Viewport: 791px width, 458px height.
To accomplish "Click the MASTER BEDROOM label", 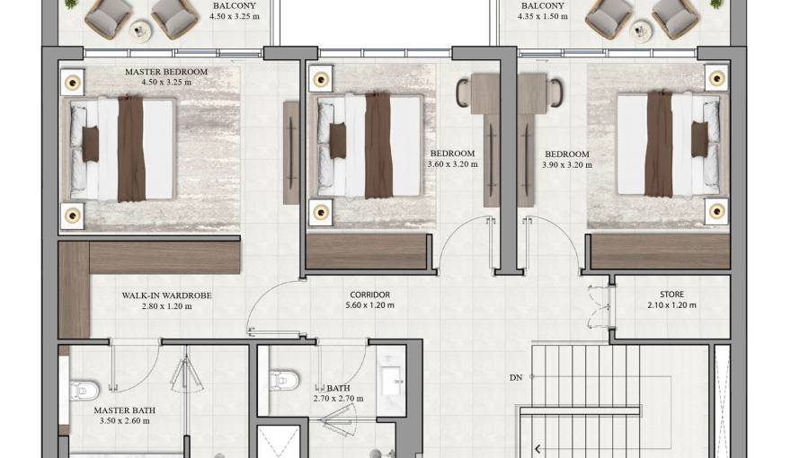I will pyautogui.click(x=166, y=72).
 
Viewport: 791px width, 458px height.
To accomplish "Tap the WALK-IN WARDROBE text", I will pyautogui.click(x=167, y=295).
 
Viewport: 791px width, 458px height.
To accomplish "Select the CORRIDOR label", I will pyautogui.click(x=369, y=295).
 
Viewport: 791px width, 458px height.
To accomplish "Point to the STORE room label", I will pyautogui.click(x=671, y=295).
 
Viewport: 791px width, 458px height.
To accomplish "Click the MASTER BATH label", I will pyautogui.click(x=125, y=410).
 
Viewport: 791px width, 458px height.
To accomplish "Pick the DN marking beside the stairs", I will pyautogui.click(x=515, y=377).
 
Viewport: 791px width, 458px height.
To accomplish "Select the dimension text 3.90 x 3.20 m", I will pyautogui.click(x=567, y=165).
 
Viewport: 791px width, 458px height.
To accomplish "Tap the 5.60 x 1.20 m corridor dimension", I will pyautogui.click(x=369, y=305).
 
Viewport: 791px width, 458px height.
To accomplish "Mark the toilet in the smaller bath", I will pyautogui.click(x=280, y=379).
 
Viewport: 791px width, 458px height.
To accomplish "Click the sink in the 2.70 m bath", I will pyautogui.click(x=392, y=381).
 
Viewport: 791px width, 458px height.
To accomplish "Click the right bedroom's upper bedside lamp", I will pyautogui.click(x=716, y=78).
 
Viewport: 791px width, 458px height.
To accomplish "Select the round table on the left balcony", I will pyautogui.click(x=140, y=31).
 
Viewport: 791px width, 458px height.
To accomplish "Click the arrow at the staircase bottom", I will pyautogui.click(x=538, y=449).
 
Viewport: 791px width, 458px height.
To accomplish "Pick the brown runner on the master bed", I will pyautogui.click(x=131, y=148).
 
